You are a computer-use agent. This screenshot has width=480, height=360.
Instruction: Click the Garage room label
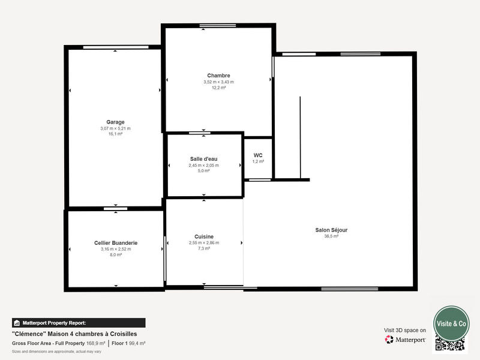coord(115,122)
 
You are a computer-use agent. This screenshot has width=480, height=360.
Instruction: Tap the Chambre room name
coord(218,76)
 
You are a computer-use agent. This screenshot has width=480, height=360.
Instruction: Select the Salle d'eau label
coord(204,159)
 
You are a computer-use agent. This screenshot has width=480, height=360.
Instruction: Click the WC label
coord(258,155)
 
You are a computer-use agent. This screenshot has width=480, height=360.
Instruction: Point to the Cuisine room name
coord(204,236)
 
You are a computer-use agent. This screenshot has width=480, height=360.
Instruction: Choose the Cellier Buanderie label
coord(116,243)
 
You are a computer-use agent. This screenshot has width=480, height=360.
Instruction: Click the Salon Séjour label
coord(331,230)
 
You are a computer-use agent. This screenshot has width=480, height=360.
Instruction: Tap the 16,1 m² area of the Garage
coord(115,134)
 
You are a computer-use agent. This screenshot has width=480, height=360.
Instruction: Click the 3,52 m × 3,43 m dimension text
coord(218,82)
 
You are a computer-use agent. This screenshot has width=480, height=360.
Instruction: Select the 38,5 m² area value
coord(331,236)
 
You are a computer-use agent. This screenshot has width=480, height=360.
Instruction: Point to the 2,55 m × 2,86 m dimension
coord(204,243)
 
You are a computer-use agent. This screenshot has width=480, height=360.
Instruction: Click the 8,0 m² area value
coord(116,255)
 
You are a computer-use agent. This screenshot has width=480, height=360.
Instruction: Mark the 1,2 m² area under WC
coord(258,161)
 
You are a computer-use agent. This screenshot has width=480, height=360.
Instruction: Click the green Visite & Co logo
coord(451,323)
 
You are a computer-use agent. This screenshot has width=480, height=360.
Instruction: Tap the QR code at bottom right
coord(450,344)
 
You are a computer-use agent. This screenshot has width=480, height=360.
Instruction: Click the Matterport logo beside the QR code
coord(406,340)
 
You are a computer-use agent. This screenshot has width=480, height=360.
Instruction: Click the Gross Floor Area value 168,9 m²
coord(95,343)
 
